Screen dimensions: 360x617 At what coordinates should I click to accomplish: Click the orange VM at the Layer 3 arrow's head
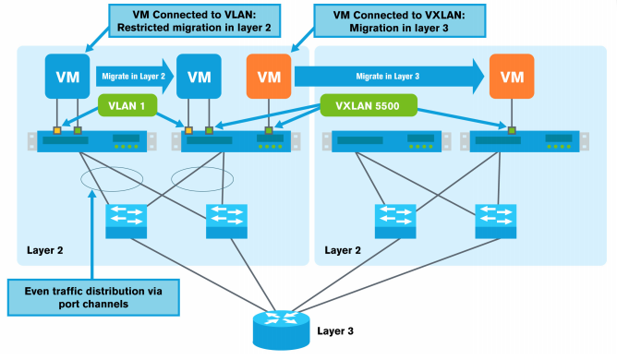click(x=511, y=73)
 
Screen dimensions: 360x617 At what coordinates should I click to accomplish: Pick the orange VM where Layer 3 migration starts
click(x=268, y=73)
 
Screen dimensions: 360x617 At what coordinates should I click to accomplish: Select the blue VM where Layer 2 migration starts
click(x=67, y=73)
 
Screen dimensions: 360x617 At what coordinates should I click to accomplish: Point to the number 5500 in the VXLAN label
click(x=391, y=105)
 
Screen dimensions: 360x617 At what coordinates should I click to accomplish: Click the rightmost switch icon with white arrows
click(x=495, y=219)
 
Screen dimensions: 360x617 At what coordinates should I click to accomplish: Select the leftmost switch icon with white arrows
click(x=126, y=219)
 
